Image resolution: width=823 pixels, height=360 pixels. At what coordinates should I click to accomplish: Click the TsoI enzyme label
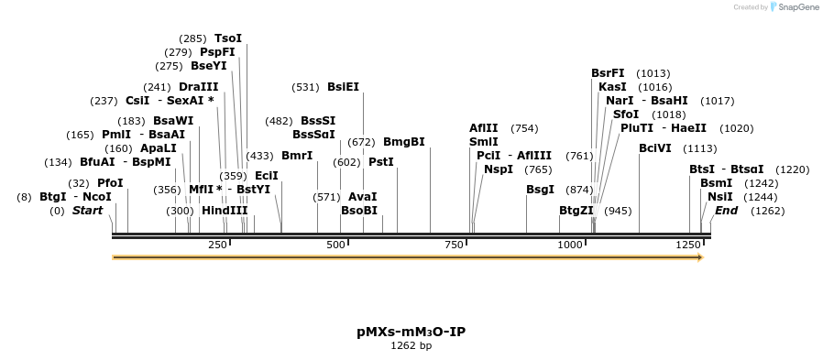pos(228,38)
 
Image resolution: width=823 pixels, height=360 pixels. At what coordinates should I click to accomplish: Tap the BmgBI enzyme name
pos(403,142)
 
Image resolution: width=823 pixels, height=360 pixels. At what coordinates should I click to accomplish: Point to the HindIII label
pos(225,210)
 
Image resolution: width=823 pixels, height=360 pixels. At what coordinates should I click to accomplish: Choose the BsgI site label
pos(540,190)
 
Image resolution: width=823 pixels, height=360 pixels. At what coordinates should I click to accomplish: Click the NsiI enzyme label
pos(720,197)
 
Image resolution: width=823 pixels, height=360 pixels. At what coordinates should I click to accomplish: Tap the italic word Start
pos(88,211)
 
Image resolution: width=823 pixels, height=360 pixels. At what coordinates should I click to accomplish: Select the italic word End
pos(726,211)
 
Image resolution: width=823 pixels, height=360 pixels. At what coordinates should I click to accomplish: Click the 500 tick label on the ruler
pos(336,245)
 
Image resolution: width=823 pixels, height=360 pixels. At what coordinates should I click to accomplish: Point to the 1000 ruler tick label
pos(569,245)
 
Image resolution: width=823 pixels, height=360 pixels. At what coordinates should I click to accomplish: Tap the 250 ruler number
pos(218,245)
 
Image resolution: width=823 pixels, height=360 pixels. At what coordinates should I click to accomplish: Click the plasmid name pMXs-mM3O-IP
pos(411,331)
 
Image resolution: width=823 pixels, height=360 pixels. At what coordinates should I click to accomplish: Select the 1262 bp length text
pos(411,346)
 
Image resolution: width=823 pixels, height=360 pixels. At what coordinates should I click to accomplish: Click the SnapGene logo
pos(795,7)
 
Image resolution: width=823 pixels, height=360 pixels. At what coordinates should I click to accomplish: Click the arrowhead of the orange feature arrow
pos(699,257)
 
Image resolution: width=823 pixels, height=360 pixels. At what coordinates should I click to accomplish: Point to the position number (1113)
pos(700,148)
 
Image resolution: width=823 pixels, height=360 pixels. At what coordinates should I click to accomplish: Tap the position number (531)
pos(304,87)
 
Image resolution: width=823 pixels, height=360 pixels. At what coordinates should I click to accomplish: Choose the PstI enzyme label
pos(380,162)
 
